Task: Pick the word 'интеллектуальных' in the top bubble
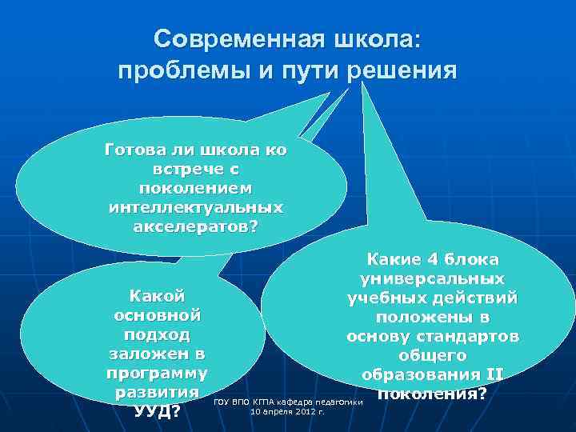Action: pyautogui.click(x=195, y=207)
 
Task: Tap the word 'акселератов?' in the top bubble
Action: pyautogui.click(x=196, y=226)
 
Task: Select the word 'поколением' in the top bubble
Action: pyautogui.click(x=196, y=189)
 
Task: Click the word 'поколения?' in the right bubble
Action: pyautogui.click(x=432, y=394)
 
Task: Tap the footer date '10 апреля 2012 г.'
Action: pyautogui.click(x=287, y=412)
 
